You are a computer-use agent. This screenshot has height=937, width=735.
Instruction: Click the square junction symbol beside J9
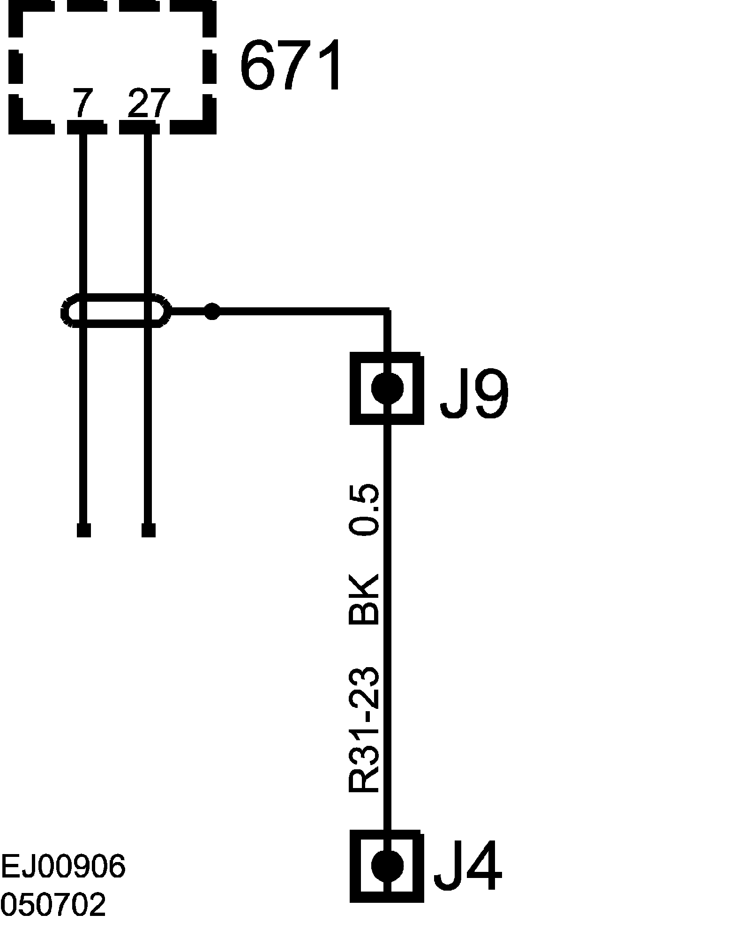[x=387, y=388]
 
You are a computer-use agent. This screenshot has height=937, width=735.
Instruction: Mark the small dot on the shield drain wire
[x=212, y=311]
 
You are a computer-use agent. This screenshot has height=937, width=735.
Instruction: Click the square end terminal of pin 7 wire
[x=83, y=530]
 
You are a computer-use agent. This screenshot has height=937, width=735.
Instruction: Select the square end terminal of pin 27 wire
[x=148, y=530]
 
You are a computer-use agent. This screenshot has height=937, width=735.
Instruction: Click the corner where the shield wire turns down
[x=387, y=311]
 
